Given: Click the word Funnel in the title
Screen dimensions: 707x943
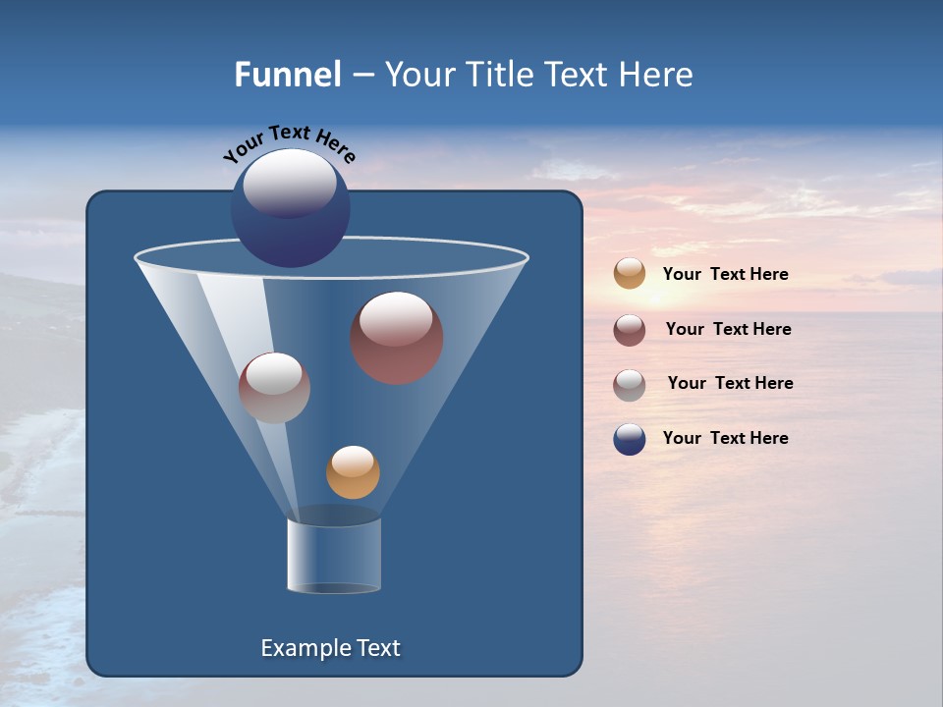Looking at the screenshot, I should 287,75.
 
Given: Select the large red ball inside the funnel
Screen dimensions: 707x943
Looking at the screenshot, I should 397,338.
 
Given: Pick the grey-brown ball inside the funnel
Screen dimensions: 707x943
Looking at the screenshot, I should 274,388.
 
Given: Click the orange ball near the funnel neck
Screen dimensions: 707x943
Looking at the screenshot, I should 353,472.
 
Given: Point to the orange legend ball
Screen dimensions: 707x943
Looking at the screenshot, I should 630,274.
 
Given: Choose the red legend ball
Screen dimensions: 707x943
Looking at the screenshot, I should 630,330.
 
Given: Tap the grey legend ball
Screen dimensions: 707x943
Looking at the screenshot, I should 630,385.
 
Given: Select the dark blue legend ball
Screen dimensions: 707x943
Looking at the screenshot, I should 630,439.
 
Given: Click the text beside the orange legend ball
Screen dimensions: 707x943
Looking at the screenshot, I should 725,274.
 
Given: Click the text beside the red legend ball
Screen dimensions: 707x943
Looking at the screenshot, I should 728,329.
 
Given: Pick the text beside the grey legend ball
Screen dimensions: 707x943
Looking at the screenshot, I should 730,383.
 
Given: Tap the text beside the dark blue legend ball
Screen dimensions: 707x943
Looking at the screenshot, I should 725,438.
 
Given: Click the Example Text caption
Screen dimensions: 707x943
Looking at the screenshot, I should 330,648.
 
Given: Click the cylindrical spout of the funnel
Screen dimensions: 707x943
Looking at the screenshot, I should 334,555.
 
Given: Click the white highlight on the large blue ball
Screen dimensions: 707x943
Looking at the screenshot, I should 289,182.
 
